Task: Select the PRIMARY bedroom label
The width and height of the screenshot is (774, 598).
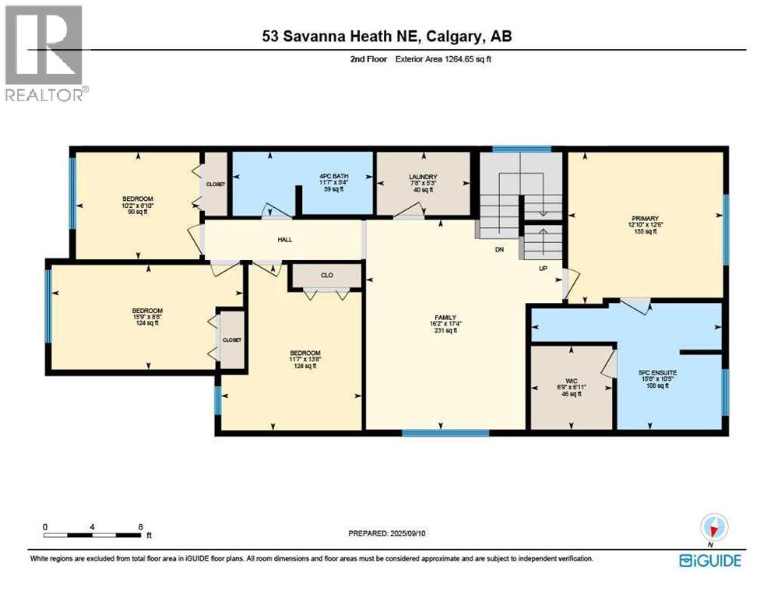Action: pos(646,219)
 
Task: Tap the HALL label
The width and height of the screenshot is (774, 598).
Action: pos(284,239)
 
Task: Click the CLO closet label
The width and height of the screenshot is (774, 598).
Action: pos(326,275)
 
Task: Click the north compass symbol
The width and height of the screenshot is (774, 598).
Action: pos(711,526)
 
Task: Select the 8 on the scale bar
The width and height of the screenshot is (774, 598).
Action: pos(139,526)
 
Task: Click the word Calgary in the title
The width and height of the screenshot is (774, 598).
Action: pos(447,36)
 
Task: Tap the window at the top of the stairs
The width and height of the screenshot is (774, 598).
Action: pos(522,148)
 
